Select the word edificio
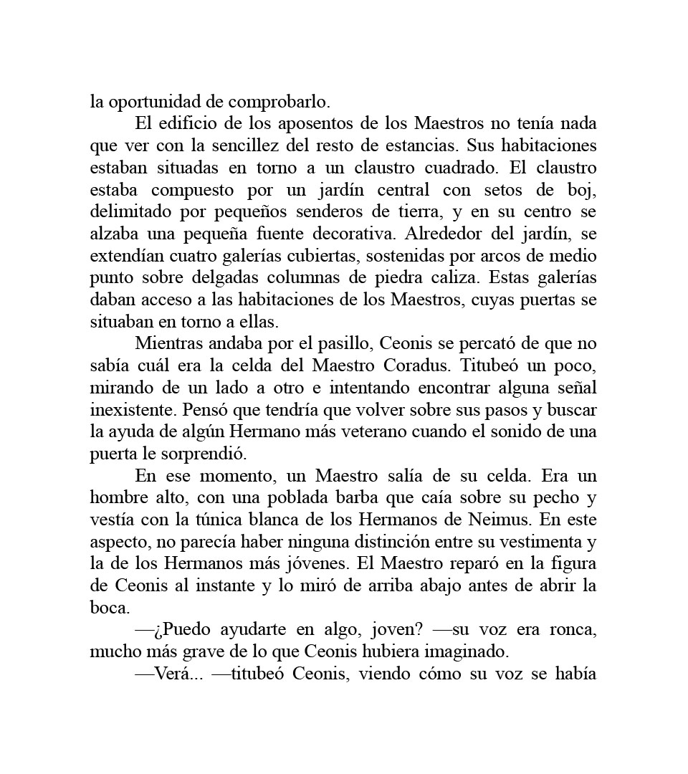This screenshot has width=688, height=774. pyautogui.click(x=187, y=124)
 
